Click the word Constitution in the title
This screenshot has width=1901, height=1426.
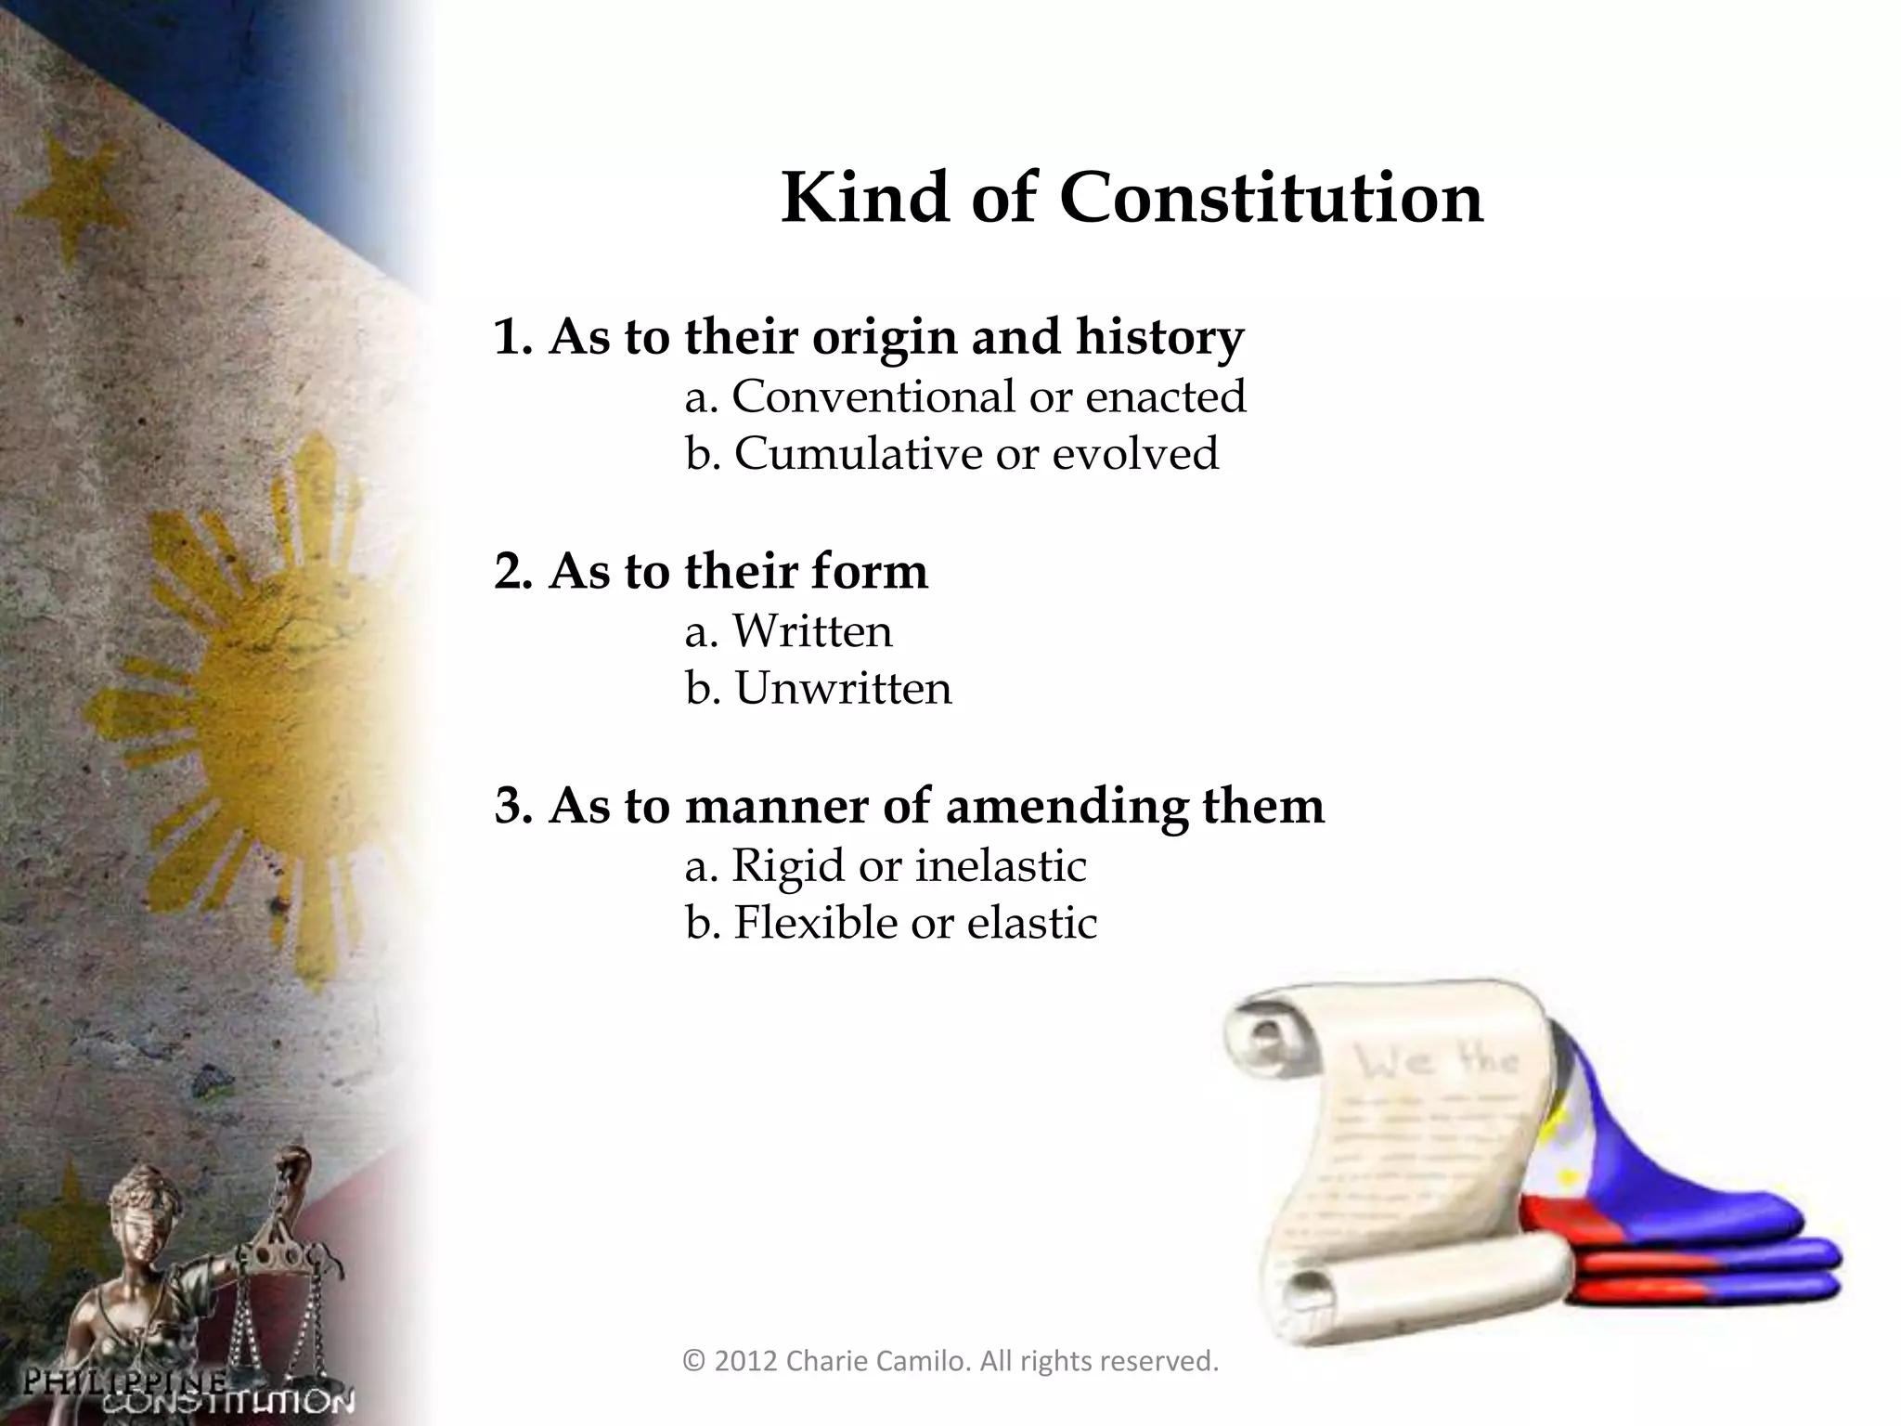pyautogui.click(x=1271, y=199)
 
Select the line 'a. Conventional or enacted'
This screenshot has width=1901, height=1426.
pyautogui.click(x=965, y=397)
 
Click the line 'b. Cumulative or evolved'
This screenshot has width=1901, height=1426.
pyautogui.click(x=951, y=455)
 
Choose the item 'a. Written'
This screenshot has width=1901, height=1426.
pyautogui.click(x=788, y=632)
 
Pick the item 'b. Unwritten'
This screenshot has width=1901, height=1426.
pyautogui.click(x=819, y=690)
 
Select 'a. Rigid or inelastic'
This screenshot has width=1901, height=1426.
pyautogui.click(x=886, y=866)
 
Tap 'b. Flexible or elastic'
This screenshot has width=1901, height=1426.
pyautogui.click(x=891, y=924)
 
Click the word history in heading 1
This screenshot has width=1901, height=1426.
pyautogui.click(x=1159, y=337)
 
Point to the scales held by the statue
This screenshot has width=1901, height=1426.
pyautogui.click(x=278, y=1290)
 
